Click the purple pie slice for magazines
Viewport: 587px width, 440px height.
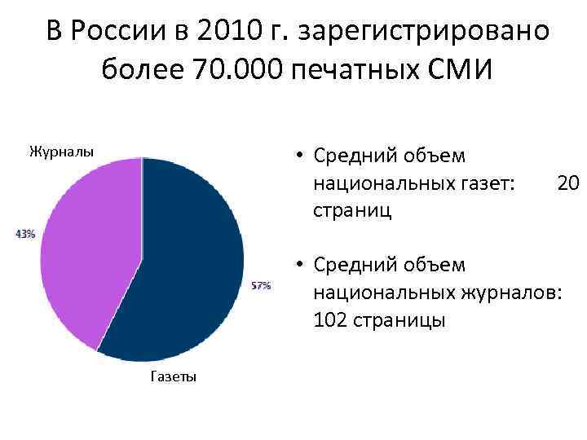86,244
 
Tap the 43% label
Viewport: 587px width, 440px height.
24,234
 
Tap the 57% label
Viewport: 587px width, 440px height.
261,286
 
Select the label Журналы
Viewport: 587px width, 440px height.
61,151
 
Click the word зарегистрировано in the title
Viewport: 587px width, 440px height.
424,33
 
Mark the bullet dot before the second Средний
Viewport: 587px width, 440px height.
300,265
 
